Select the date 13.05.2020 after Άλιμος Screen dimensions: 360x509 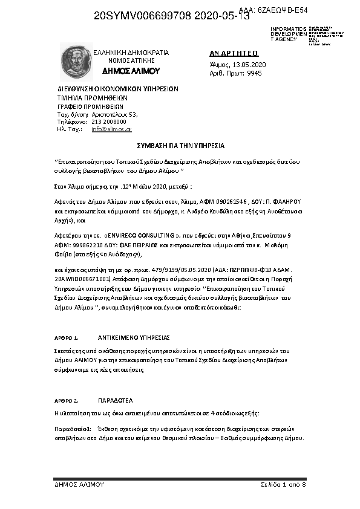(249, 64)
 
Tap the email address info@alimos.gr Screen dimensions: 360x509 (111, 129)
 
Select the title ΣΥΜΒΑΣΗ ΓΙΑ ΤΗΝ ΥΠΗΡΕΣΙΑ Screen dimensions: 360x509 (179, 146)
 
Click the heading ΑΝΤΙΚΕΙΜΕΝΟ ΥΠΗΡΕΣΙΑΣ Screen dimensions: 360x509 (134, 337)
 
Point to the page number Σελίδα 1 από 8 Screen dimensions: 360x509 (283, 485)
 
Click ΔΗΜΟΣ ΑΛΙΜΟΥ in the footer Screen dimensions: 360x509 (79, 485)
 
